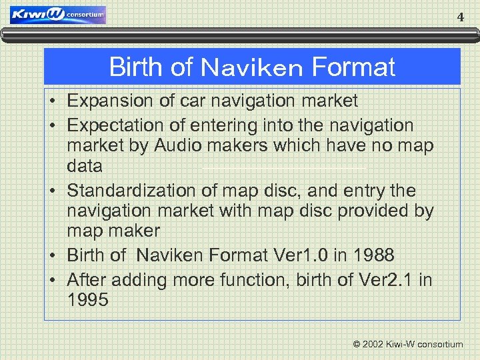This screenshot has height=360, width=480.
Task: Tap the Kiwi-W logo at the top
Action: pos(58,15)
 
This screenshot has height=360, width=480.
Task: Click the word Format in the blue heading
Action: pos(353,67)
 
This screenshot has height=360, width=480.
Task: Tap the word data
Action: pos(85,165)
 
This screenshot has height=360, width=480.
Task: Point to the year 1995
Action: pos(88,300)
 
